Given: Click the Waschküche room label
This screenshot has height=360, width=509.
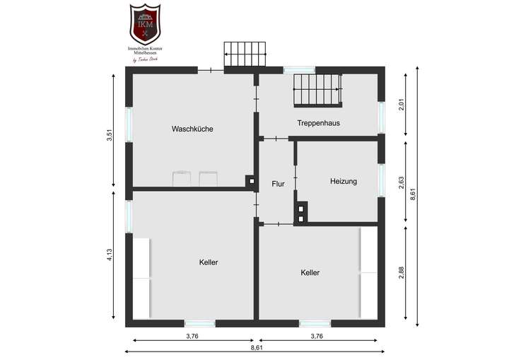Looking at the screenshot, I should (x=192, y=129).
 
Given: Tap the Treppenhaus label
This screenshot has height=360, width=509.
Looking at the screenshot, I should (x=318, y=122).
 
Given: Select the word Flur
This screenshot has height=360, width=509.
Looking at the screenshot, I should (x=278, y=184).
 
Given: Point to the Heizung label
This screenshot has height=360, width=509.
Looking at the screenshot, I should (x=344, y=181).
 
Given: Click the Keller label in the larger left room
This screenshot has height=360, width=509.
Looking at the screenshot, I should (x=209, y=262).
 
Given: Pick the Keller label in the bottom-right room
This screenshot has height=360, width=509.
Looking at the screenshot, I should (x=310, y=272).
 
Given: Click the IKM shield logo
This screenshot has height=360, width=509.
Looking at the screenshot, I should (x=145, y=23).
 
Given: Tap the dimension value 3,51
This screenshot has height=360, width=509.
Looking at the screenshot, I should (x=109, y=135).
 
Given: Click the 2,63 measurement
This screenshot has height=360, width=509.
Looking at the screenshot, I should (x=402, y=182).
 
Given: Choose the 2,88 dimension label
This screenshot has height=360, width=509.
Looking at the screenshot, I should (x=402, y=272).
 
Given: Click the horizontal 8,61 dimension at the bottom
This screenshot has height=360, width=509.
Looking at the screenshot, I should (x=255, y=349).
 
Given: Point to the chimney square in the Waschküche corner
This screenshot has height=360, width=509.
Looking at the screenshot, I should (x=250, y=181).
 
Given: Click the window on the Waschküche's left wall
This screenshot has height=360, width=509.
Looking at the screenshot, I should (x=129, y=124).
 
